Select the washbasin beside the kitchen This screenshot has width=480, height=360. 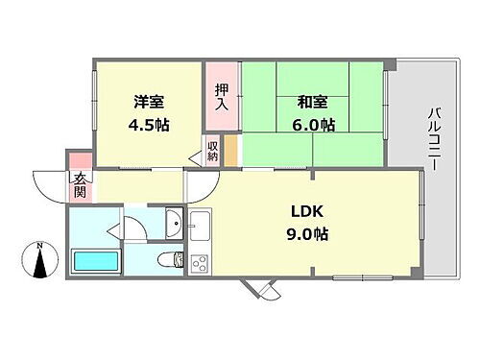pyautogui.click(x=174, y=224)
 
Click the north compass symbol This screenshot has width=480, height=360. pyautogui.click(x=38, y=265)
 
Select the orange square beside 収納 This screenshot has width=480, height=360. pyautogui.click(x=231, y=151)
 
